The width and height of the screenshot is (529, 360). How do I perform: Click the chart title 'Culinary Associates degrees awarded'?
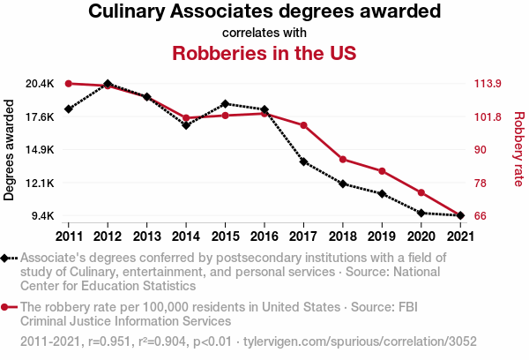[264, 12]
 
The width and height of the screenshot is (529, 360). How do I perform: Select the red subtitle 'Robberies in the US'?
[264, 52]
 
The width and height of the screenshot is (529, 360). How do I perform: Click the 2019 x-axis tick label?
[382, 236]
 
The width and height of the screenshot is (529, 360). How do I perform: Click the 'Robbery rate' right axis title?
[518, 150]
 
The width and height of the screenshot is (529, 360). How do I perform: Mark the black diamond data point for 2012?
[108, 84]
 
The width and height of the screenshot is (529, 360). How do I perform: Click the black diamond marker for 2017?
[303, 161]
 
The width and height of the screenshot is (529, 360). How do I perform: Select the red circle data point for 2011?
[69, 84]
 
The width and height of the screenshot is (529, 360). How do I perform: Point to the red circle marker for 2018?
[343, 159]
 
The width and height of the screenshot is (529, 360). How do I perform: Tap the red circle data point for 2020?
[421, 192]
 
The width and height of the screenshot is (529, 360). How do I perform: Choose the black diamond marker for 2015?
[225, 104]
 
